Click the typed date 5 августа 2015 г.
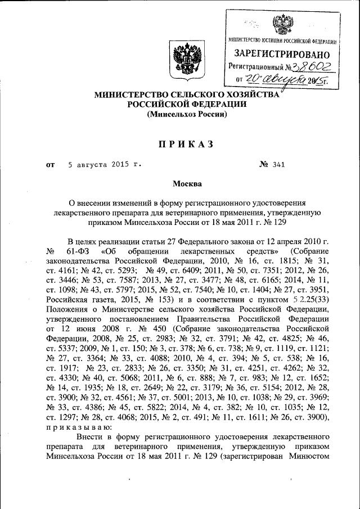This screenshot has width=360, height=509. tap(104, 165)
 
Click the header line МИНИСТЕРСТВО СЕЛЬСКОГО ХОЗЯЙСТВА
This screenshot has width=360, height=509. tap(186, 95)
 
